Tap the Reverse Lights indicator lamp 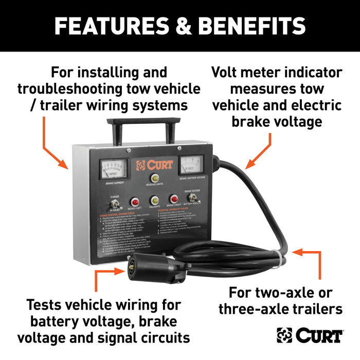click(154, 178)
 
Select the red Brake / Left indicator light click(136, 202)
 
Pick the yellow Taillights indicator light click(154, 201)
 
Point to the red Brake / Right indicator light click(174, 199)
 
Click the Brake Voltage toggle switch click(194, 198)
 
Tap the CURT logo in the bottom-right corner click(310, 335)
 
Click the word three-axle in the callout click(257, 309)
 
